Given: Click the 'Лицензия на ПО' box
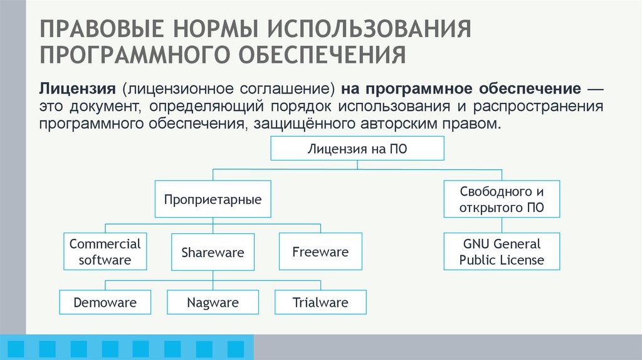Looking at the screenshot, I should tap(357, 149).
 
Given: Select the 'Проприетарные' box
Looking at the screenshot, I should tap(213, 199).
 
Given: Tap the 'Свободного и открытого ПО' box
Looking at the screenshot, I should tap(502, 199).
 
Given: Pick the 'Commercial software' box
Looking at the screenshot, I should tap(105, 251).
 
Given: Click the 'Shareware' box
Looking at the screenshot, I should tap(213, 253).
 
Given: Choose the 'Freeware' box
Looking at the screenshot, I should tap(320, 251).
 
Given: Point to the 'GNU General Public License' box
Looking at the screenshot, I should tap(502, 251).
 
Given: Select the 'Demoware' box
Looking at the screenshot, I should tap(105, 302).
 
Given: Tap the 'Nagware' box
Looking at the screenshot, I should tap(213, 302).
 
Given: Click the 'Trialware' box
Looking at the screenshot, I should tap(320, 302).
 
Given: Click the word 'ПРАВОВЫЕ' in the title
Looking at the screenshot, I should tap(100, 29).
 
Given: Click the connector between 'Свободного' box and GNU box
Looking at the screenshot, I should tap(502, 225).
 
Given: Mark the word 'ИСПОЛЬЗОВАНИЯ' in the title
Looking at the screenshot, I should tap(371, 29).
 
